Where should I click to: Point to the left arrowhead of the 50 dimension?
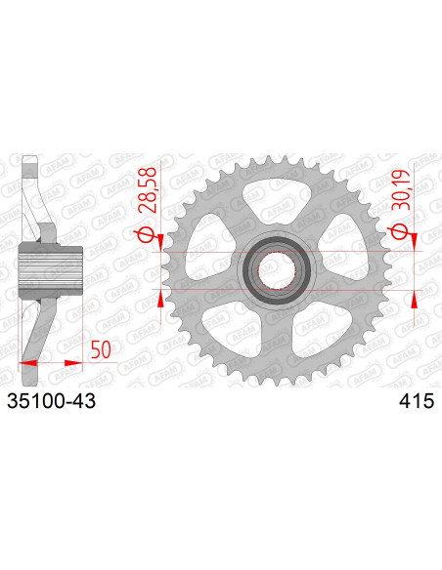27,362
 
